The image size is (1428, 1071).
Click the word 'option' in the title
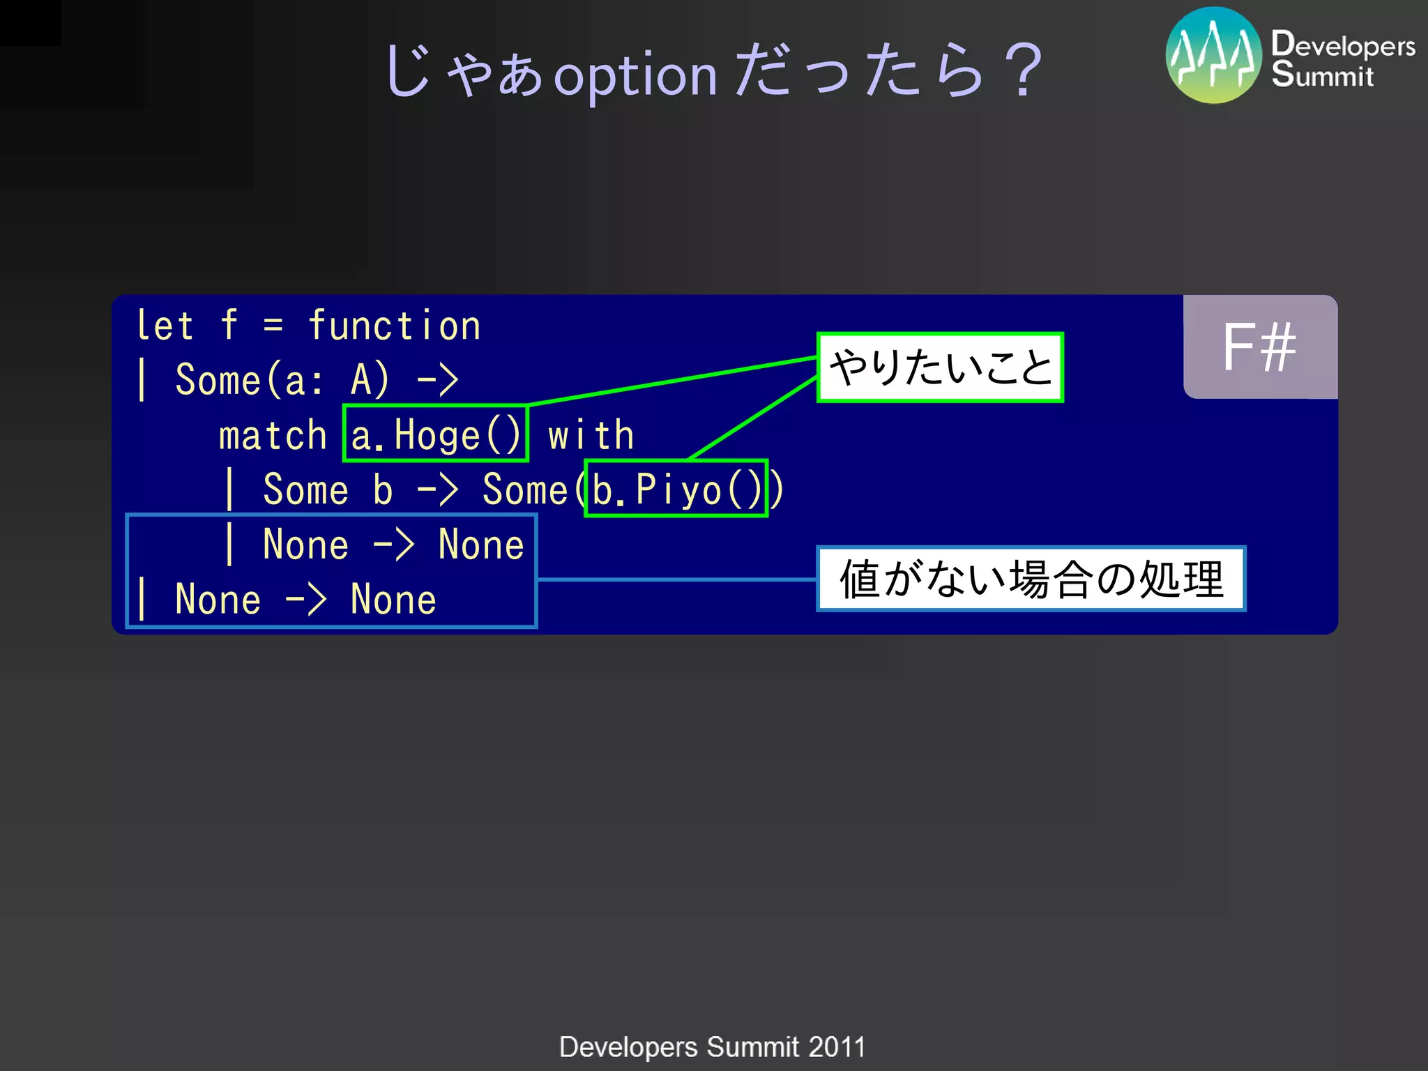tap(635, 75)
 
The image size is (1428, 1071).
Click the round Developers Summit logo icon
tap(1213, 56)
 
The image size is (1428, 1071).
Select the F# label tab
tap(1259, 347)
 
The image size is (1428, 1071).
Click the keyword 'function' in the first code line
tap(394, 326)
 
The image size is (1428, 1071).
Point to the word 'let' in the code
tap(165, 326)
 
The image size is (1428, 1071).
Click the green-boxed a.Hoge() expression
tap(436, 434)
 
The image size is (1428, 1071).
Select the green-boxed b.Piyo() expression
tap(676, 489)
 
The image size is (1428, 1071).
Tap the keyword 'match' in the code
tap(273, 436)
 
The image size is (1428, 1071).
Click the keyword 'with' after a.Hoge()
tap(591, 436)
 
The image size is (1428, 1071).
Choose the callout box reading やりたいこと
tap(940, 367)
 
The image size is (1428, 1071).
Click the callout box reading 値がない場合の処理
tap(1031, 579)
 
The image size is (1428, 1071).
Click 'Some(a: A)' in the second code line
tap(282, 381)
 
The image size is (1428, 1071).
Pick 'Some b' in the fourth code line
tap(328, 489)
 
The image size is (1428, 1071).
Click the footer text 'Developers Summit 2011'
tap(712, 1047)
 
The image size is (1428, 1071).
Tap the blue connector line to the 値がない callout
tap(676, 579)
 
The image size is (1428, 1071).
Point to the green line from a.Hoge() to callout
tap(673, 381)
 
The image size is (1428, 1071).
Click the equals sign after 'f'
tap(273, 326)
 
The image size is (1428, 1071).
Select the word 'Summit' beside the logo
tap(1322, 75)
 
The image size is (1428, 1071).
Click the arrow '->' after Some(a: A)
tap(437, 381)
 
